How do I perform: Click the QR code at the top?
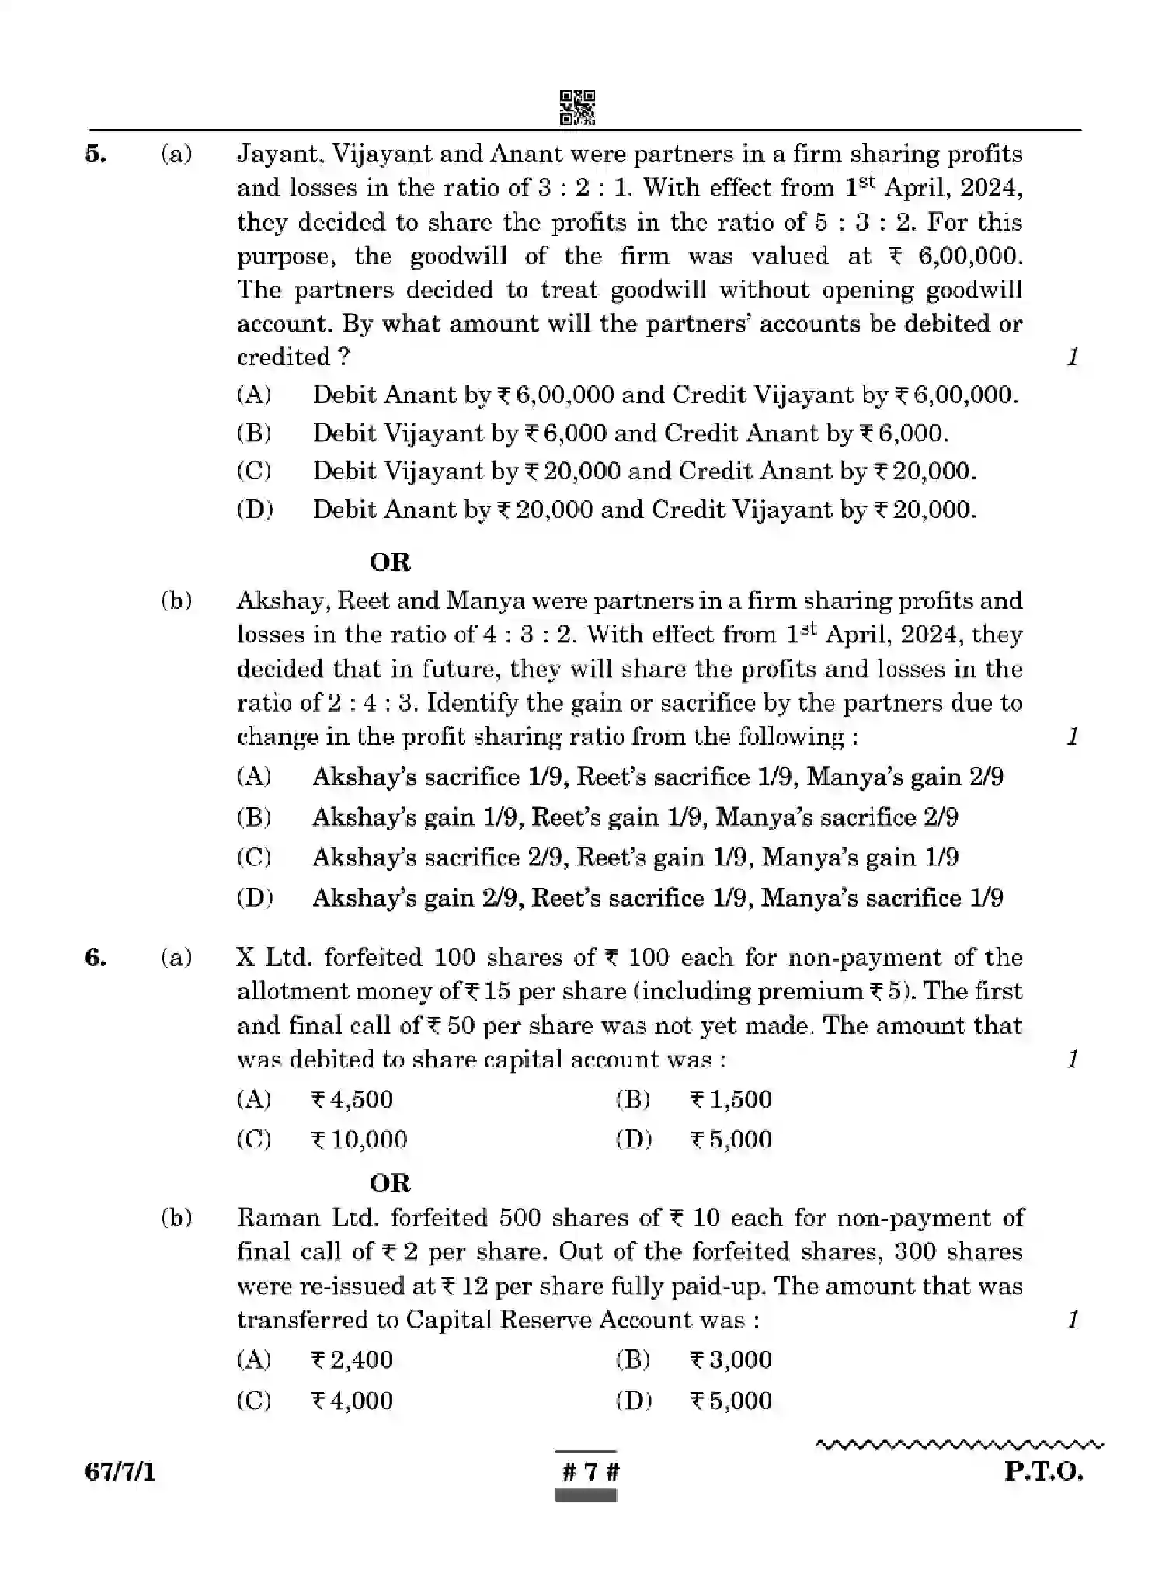point(577,107)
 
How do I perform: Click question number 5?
point(96,154)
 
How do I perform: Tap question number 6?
point(96,957)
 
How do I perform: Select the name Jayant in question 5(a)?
point(280,154)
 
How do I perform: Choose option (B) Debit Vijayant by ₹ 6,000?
point(629,433)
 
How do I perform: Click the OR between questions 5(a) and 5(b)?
point(390,562)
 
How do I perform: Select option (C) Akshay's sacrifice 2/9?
point(634,858)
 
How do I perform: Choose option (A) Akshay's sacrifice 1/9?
point(656,777)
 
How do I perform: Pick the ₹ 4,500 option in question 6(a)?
point(352,1099)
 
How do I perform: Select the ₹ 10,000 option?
point(359,1140)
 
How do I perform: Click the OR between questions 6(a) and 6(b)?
point(390,1183)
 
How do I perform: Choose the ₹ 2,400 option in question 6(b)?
point(352,1359)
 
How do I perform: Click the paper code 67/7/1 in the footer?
point(120,1472)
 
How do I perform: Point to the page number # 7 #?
point(587,1472)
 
